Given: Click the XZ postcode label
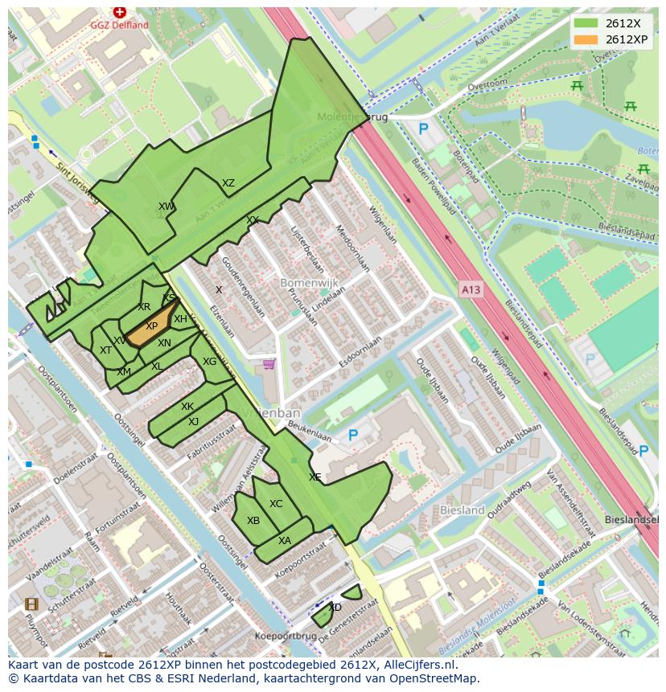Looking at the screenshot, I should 228,183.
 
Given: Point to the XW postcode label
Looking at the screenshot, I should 166,207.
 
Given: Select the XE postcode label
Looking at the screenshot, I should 315,477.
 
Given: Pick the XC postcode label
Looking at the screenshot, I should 276,504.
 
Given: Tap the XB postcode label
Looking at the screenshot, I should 253,521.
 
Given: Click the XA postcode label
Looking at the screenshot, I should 285,541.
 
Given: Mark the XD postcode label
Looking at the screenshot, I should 335,608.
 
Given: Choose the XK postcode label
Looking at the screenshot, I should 187,407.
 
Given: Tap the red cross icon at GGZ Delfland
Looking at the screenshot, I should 120,12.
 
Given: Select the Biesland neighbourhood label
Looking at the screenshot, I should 462,510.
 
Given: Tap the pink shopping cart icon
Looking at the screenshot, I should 269,365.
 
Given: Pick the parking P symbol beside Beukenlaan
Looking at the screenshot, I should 352,435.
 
